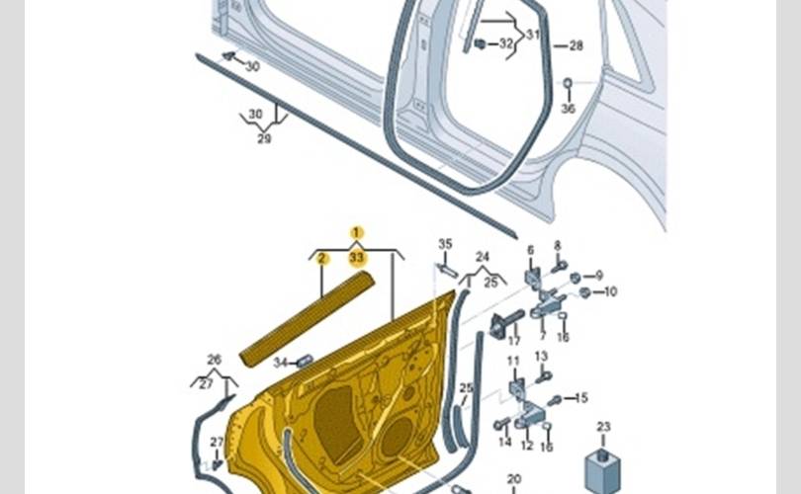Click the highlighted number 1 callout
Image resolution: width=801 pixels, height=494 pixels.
[357, 233]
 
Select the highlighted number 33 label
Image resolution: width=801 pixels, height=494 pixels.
[357, 258]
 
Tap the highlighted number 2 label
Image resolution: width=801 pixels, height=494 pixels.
[321, 259]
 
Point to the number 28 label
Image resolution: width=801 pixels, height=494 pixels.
[576, 45]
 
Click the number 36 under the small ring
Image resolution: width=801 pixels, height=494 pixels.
[568, 109]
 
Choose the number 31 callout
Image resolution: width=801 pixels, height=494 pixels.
[533, 35]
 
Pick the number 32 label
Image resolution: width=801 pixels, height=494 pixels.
[505, 44]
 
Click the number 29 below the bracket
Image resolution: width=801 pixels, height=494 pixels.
[264, 139]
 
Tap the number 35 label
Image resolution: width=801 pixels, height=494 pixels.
[445, 244]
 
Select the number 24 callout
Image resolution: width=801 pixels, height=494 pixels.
[483, 256]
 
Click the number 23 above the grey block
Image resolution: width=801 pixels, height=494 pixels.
[603, 428]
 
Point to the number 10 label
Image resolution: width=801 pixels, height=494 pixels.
[610, 291]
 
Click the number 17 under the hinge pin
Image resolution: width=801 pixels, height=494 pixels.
[513, 340]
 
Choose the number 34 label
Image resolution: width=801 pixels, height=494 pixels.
[280, 363]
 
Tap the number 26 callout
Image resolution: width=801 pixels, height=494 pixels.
[214, 359]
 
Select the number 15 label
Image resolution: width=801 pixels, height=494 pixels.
[581, 398]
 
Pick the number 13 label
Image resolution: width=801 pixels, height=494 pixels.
[541, 356]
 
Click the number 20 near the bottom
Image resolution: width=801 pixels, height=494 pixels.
[514, 479]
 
